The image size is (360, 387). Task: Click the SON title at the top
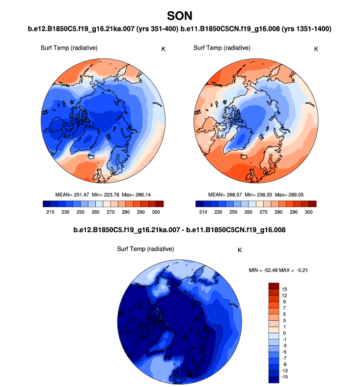point(180,16)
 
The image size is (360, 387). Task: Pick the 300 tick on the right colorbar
point(308,212)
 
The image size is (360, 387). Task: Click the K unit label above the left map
point(163,49)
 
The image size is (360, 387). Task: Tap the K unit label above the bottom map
point(240,250)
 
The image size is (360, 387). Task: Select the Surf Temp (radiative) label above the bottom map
point(145,249)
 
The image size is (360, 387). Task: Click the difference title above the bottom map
point(179,229)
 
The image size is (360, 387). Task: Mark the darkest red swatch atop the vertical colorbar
point(274,286)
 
